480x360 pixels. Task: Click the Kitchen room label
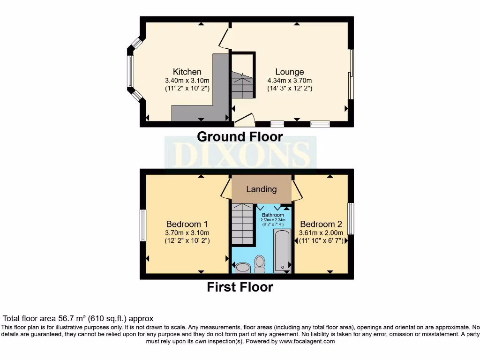[187, 72]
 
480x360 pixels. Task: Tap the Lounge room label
[289, 72]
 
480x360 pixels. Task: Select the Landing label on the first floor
[261, 189]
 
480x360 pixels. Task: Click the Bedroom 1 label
[187, 224]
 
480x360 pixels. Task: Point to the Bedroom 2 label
[321, 224]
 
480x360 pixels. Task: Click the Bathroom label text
[273, 215]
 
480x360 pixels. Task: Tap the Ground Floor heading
[240, 137]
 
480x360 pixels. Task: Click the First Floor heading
[240, 287]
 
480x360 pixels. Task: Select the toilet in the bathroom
[259, 264]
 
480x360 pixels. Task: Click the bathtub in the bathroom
[282, 250]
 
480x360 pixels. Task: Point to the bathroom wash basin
[242, 268]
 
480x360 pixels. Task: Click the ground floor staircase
[243, 84]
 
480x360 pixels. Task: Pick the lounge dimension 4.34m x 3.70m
[289, 80]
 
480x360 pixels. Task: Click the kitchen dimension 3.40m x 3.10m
[187, 80]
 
